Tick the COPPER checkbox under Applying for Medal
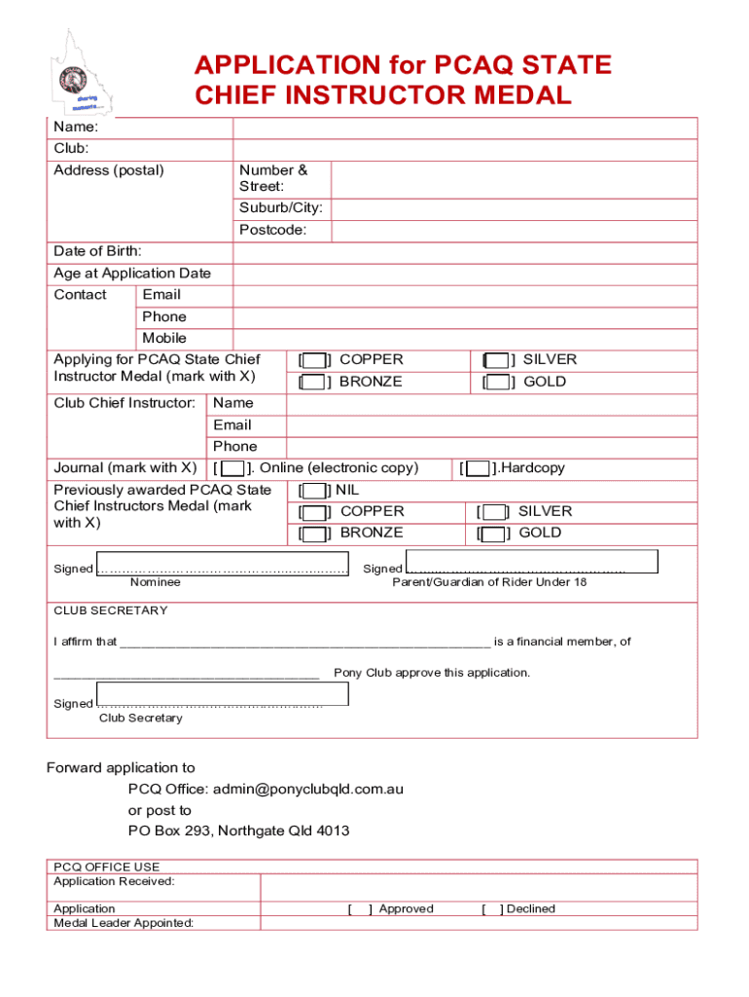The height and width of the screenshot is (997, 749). (313, 360)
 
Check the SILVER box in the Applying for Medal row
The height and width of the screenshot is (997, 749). (497, 360)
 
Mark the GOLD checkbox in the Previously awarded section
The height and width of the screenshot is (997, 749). (493, 534)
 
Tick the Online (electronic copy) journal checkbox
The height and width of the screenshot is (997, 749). (233, 468)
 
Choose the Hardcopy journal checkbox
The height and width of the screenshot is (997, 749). (478, 468)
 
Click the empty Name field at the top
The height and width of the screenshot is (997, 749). (464, 128)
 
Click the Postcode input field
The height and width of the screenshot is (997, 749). (514, 231)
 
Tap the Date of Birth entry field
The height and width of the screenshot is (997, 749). (464, 252)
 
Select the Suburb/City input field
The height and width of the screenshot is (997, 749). (514, 208)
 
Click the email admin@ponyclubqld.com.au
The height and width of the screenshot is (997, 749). (308, 789)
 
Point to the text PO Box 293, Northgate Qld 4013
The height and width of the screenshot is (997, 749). (238, 831)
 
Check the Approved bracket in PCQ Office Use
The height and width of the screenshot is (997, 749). (360, 909)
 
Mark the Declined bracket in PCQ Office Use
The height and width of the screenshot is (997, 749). (492, 909)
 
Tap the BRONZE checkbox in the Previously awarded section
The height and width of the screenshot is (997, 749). (313, 534)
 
